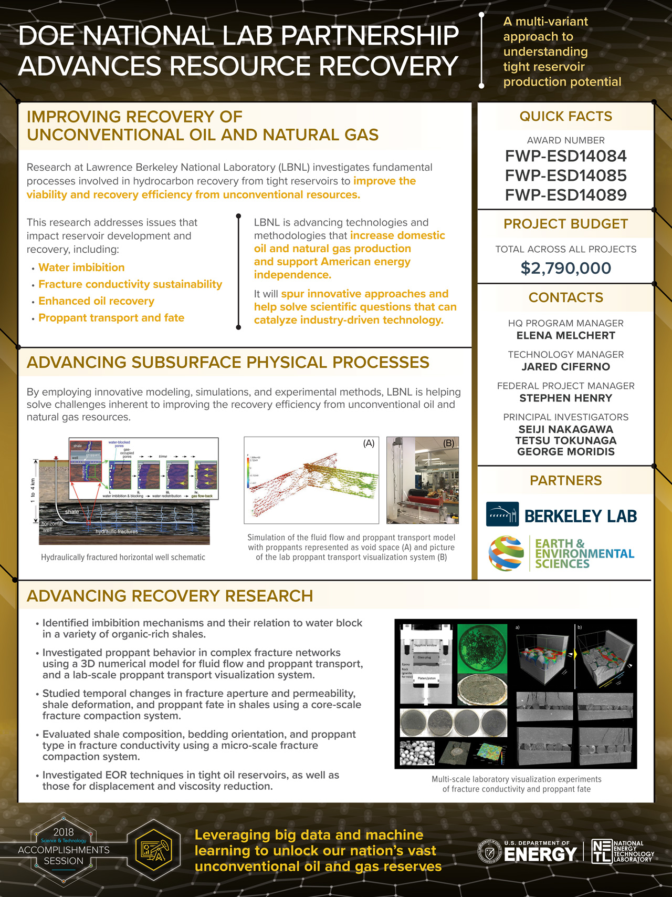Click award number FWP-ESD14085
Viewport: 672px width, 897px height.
point(565,176)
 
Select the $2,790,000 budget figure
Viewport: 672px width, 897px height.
point(565,268)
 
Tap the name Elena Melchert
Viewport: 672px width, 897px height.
point(565,335)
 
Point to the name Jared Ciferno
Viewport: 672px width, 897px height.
point(565,367)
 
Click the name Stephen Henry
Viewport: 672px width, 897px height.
point(565,398)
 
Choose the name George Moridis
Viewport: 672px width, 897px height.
point(565,451)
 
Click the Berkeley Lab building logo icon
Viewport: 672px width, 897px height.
point(502,514)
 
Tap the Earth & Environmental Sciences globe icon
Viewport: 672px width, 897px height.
point(506,553)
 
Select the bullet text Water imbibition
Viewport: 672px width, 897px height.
point(81,267)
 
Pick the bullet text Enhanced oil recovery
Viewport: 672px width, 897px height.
point(96,301)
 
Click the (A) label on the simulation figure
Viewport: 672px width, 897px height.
point(369,444)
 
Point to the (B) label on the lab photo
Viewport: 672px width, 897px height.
point(448,444)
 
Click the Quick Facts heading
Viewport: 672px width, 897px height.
point(565,116)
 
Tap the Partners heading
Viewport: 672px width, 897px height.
point(565,480)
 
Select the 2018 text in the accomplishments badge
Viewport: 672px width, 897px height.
point(64,832)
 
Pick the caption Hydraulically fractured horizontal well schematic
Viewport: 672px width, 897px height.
point(123,557)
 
